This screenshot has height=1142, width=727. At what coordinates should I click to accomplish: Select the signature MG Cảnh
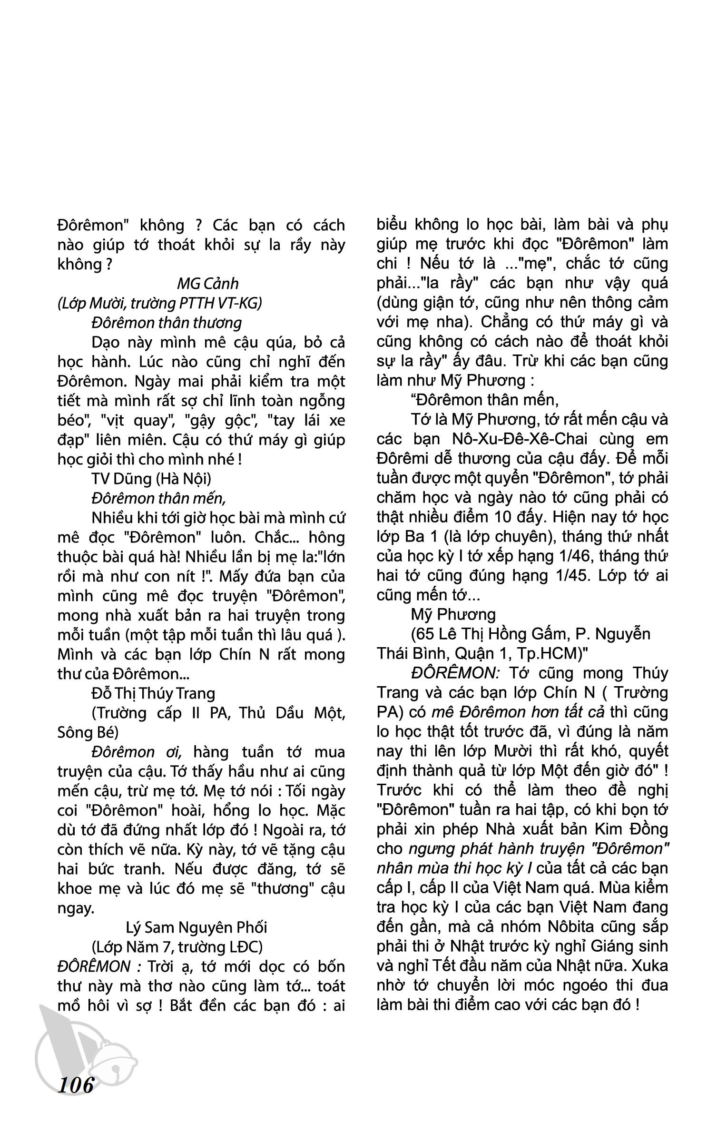coord(207,284)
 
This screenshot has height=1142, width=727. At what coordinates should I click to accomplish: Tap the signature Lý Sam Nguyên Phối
coord(196,927)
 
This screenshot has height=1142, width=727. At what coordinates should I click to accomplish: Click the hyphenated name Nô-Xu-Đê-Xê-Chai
coord(505,439)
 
